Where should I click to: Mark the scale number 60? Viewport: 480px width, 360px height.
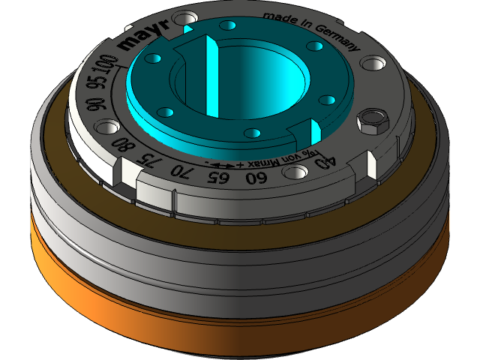[256, 178]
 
